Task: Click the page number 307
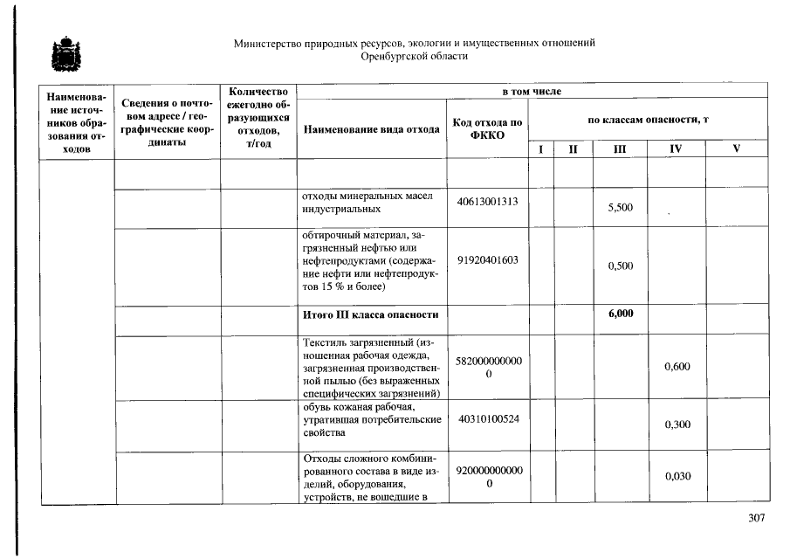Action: pos(756,518)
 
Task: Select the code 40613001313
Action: pos(487,202)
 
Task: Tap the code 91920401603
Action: pos(487,259)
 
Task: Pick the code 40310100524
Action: pos(487,418)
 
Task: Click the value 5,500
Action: pos(620,208)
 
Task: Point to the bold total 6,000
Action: pos(620,314)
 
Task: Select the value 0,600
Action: pos(677,367)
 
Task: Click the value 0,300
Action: pos(677,424)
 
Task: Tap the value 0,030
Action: pos(677,476)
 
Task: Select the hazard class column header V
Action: pos(736,149)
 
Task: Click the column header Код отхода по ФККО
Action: pos(487,129)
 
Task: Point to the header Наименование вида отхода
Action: pos(371,129)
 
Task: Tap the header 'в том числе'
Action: pos(531,91)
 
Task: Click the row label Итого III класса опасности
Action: pos(370,314)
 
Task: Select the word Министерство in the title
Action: pos(269,44)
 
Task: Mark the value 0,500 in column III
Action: pos(620,266)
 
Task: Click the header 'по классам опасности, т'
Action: pos(647,119)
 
